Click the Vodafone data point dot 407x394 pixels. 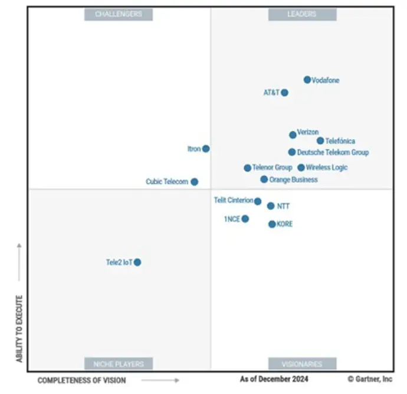coord(307,80)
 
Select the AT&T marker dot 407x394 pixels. coord(285,93)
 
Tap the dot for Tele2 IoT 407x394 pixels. coord(137,262)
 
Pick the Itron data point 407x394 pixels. coord(206,149)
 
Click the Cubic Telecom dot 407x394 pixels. coord(195,182)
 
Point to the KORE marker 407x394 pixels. coord(272,224)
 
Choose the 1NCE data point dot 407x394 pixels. coord(245,219)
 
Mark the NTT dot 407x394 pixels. coord(271,206)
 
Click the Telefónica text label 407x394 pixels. coord(340,141)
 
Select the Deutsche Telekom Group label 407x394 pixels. coord(333,152)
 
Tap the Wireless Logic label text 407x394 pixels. coord(327,168)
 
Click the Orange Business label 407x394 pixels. coord(293,179)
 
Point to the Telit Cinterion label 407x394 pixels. coord(234,201)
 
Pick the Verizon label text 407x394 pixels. coord(308,132)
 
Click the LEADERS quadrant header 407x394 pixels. coord(302,14)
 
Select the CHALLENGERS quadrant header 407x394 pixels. coord(119,14)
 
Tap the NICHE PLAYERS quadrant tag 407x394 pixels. coord(119,363)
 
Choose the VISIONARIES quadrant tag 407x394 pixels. coord(302,363)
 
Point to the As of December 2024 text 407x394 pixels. coord(274,379)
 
